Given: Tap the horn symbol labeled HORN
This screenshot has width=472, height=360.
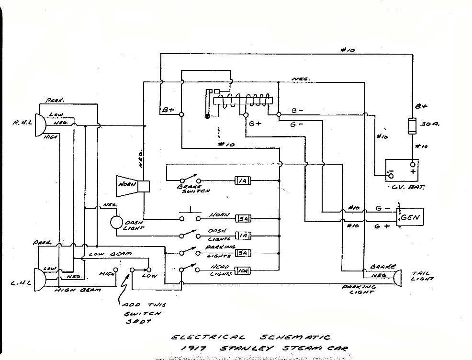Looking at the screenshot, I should click(x=129, y=186).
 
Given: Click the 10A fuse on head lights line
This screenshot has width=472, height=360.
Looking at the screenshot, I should click(x=242, y=272).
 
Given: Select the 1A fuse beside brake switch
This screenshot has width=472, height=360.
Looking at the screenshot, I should click(x=242, y=181).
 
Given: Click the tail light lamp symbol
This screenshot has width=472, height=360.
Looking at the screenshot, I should click(x=397, y=278).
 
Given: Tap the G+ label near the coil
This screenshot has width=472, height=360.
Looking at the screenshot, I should click(x=255, y=124).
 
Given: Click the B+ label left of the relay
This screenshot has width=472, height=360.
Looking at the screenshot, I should click(x=168, y=110).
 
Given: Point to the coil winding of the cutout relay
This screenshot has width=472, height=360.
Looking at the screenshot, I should click(x=244, y=100).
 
